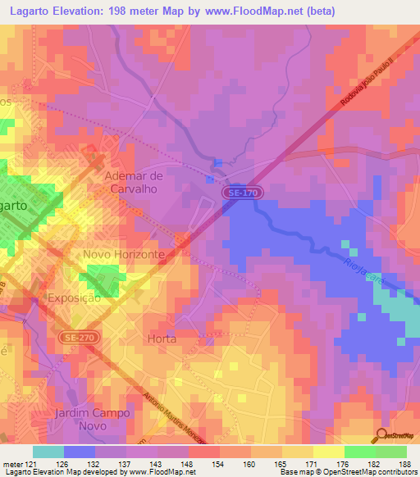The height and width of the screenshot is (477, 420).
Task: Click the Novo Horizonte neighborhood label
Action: tap(125, 255)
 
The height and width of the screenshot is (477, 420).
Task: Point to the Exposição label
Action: tap(75, 298)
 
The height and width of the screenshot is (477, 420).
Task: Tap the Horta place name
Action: tap(162, 338)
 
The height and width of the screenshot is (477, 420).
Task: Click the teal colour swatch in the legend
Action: tap(48, 451)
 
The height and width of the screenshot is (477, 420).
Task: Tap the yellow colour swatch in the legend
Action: tap(329, 451)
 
